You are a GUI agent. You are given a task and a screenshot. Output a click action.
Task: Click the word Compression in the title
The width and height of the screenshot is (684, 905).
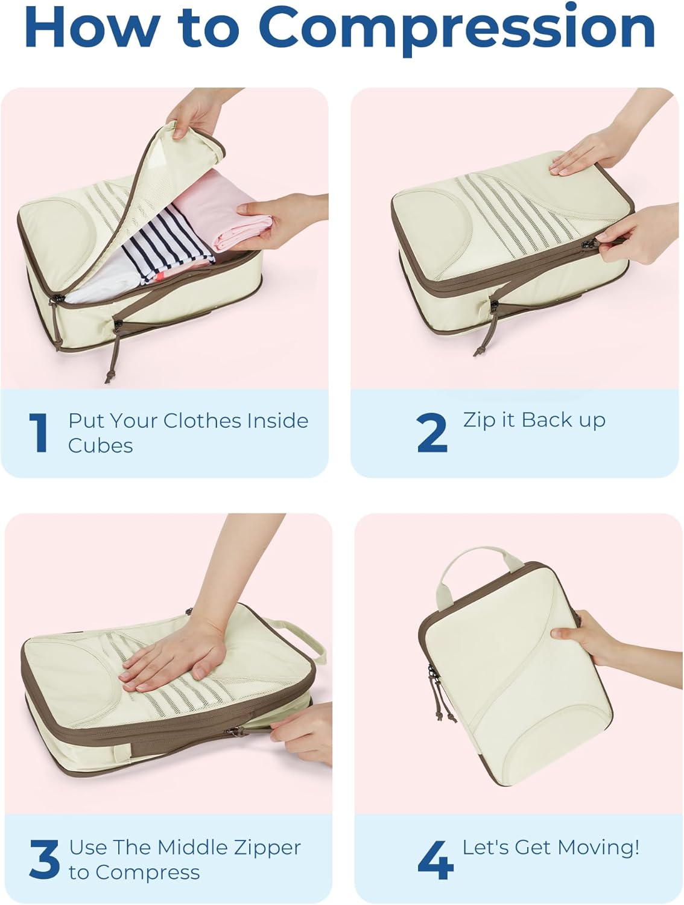(457, 28)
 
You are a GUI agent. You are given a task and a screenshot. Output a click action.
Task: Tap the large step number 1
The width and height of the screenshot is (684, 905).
(39, 433)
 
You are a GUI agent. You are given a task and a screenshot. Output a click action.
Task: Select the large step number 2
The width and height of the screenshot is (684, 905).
(432, 433)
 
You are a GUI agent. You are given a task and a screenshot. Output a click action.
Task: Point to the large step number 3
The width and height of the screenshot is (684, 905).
(44, 859)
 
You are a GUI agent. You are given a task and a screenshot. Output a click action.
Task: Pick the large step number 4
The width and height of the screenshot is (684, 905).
(435, 860)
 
